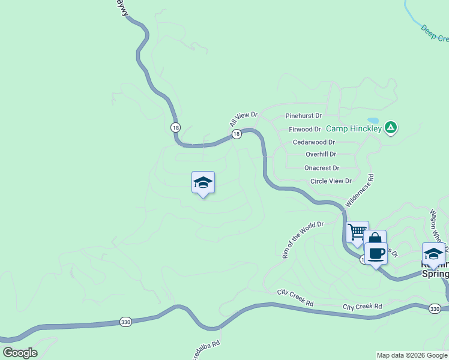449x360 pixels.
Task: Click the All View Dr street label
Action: pos(243,118)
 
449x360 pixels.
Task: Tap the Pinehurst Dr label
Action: pos(304,115)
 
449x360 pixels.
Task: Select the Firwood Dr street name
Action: pos(305,129)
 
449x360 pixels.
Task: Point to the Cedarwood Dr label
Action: pos(313,142)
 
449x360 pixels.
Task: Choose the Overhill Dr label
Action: pos(321,154)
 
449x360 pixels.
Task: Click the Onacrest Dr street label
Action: pos(322,168)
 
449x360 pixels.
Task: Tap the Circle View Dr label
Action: pos(331,181)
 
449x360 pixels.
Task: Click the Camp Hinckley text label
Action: pos(354,128)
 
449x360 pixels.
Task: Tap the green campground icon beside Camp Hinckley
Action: pos(391,127)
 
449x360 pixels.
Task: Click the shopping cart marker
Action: pos(357,232)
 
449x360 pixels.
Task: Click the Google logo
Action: pos(20,353)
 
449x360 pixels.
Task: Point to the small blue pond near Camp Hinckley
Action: pos(373,121)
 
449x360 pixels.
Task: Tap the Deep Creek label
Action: pos(435,34)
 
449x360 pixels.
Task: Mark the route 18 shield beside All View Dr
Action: pos(237,134)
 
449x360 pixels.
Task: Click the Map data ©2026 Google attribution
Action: pos(412,355)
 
